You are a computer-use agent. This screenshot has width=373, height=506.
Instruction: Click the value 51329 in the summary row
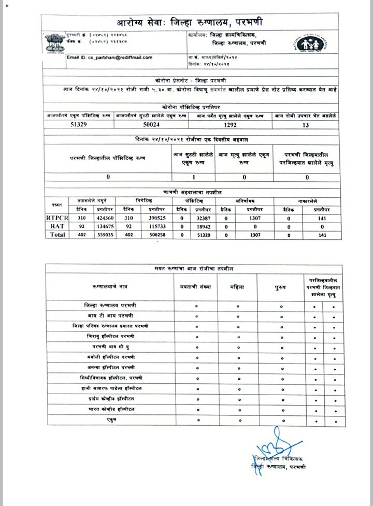pyautogui.click(x=81, y=125)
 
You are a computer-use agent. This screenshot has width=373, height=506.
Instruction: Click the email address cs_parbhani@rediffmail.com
pyautogui.click(x=109, y=57)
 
